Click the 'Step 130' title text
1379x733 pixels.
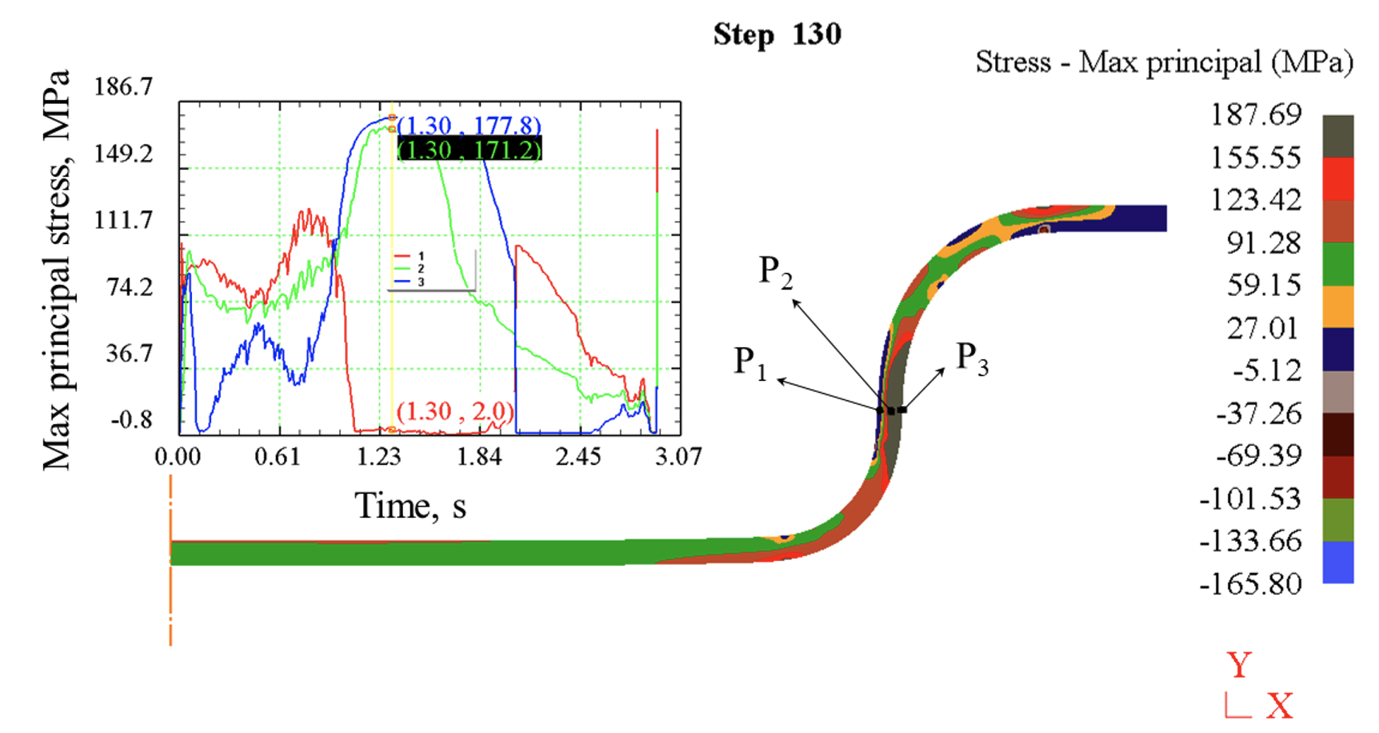777,34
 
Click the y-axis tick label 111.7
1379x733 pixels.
123,219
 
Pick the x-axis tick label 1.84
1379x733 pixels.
479,457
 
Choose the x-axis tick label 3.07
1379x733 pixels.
678,457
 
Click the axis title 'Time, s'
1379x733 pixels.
410,506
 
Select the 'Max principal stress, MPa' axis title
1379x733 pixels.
57,270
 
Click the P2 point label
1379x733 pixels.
775,272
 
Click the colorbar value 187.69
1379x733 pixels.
1255,114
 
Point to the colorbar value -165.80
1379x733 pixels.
1250,583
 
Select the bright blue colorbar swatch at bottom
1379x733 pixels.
1337,562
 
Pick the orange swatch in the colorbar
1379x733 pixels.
1337,306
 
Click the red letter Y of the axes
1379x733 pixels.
1239,666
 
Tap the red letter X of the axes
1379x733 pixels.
1280,706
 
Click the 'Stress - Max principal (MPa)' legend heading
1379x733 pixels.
1164,62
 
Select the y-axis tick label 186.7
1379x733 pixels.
123,86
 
